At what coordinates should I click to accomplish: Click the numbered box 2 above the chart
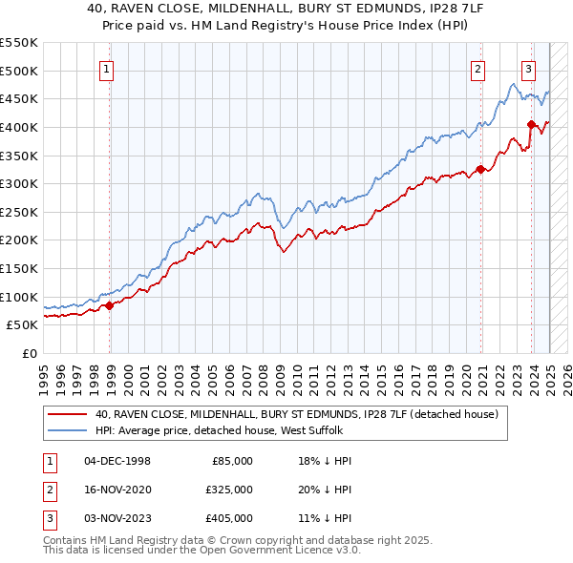pyautogui.click(x=477, y=69)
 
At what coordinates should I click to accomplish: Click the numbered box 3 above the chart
pyautogui.click(x=528, y=69)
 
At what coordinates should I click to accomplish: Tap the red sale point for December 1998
pyautogui.click(x=110, y=305)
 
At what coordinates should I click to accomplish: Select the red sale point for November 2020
pyautogui.click(x=480, y=170)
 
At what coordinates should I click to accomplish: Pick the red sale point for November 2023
pyautogui.click(x=531, y=123)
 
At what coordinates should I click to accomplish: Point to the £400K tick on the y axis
pyautogui.click(x=19, y=127)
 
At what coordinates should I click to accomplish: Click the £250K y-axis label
pyautogui.click(x=19, y=212)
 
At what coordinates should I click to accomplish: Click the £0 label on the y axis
pyautogui.click(x=30, y=353)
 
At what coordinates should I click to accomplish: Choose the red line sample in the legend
pyautogui.click(x=67, y=415)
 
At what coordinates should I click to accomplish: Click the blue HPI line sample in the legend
pyautogui.click(x=67, y=431)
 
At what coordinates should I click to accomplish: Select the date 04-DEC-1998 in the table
pyautogui.click(x=117, y=461)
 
